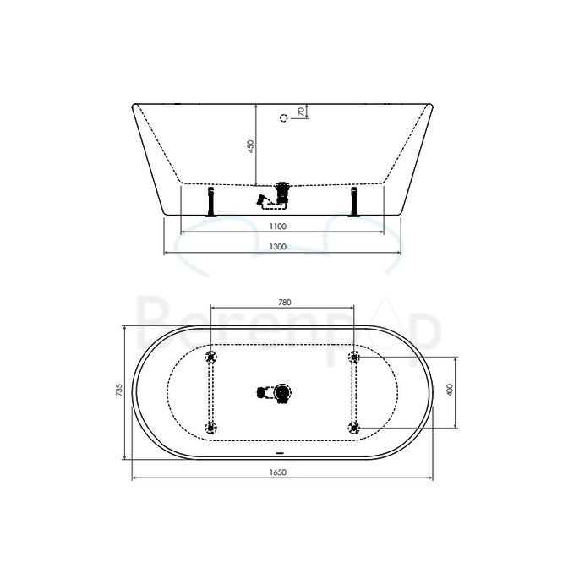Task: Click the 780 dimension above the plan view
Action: coord(284,302)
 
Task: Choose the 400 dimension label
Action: coord(450,391)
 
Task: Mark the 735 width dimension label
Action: coord(120,391)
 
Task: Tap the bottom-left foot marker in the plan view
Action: coord(211,426)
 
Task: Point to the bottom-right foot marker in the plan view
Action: coord(354,426)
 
